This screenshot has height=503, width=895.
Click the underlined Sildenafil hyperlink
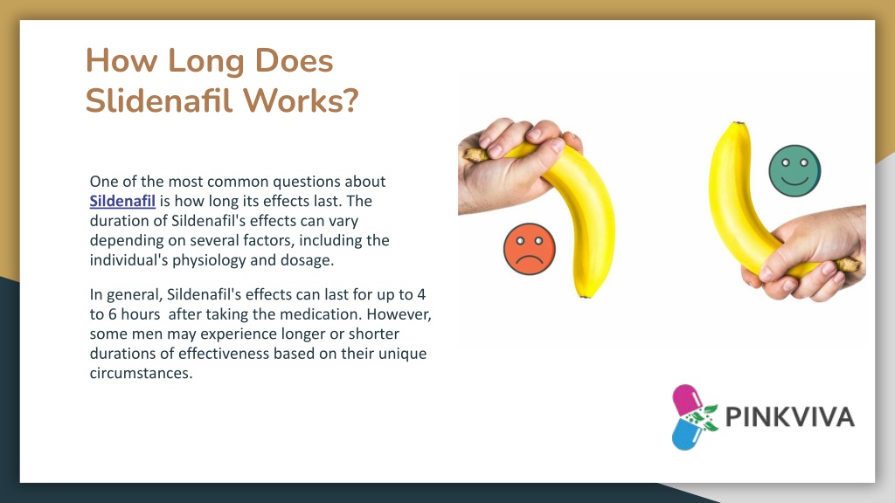122,202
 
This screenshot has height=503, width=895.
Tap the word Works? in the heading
302,100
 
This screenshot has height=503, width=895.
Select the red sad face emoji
529,249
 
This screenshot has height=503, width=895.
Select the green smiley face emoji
794,171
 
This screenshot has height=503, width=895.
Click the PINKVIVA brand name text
790,417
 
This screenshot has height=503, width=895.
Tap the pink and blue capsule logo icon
693,417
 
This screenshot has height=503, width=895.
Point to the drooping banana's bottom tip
584,297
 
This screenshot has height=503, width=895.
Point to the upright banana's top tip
739,122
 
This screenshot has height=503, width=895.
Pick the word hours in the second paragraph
141,314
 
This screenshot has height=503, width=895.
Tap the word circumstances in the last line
141,374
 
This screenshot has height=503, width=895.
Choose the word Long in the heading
206,62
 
